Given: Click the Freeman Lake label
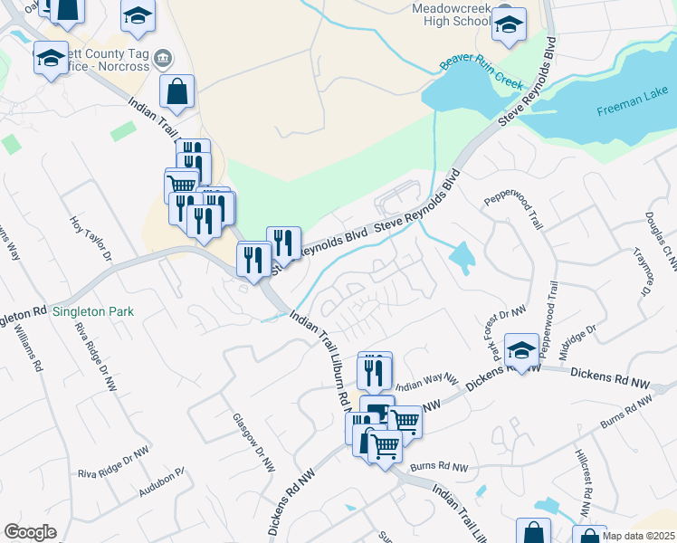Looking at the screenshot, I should [x=632, y=111].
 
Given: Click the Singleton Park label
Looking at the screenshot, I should [x=92, y=311].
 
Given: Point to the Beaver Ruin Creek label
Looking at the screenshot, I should [x=481, y=72].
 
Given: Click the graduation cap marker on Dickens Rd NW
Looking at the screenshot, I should [x=521, y=349].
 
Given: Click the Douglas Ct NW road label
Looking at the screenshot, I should [x=658, y=239].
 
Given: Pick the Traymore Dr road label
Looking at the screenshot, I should [x=644, y=271].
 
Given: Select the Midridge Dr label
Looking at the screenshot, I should [x=578, y=342].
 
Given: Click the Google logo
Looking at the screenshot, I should [x=30, y=532].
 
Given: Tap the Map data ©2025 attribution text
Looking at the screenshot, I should [x=638, y=536].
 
